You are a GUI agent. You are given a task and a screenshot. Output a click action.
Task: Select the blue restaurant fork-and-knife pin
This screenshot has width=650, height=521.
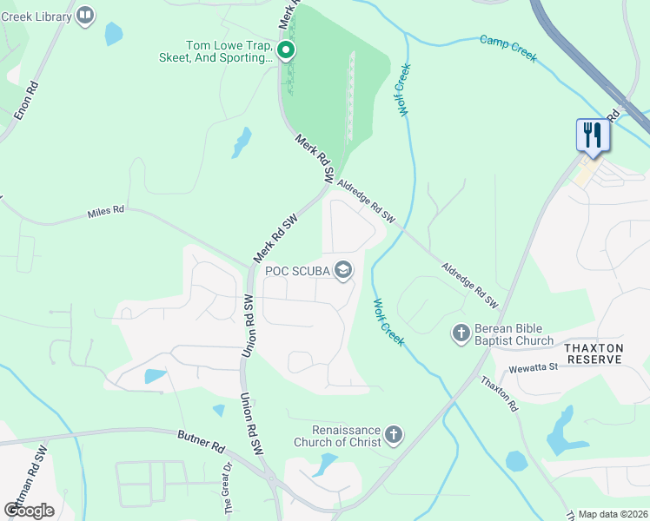[591, 135]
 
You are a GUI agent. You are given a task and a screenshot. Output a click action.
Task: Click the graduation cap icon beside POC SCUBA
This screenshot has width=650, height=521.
[343, 271]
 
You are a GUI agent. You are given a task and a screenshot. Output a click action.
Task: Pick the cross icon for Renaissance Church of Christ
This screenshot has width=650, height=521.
[394, 434]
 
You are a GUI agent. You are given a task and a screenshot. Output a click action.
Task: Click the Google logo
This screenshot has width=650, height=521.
[29, 510]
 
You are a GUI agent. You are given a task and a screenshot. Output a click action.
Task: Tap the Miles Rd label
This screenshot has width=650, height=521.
[106, 212]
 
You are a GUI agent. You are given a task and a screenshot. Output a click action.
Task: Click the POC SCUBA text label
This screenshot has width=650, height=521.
[296, 271]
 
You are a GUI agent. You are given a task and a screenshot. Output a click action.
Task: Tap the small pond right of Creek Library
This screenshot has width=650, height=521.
[113, 34]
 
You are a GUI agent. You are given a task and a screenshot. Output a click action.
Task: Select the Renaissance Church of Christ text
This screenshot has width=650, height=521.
[347, 436]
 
